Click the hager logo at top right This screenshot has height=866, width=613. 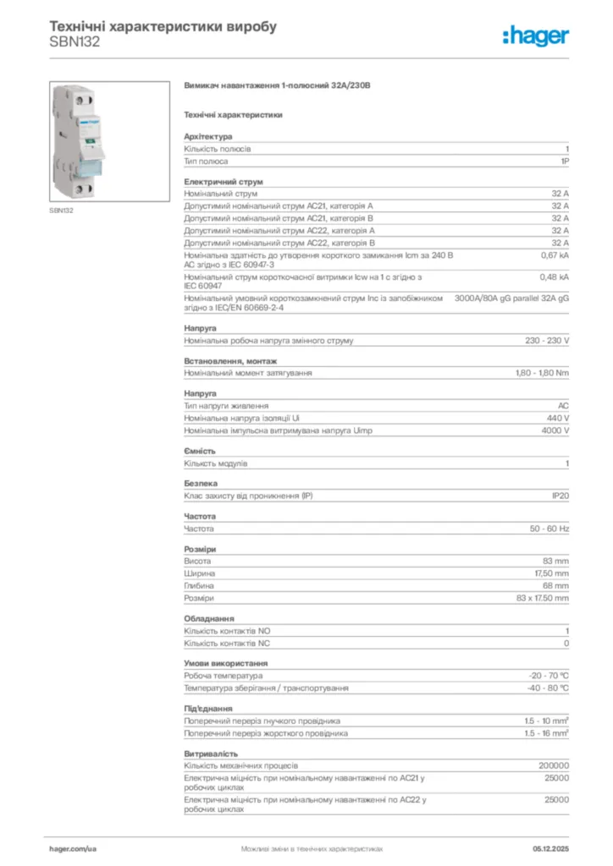pos(536,36)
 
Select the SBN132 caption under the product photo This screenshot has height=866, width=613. pos(61,210)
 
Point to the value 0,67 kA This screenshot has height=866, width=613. pos(555,254)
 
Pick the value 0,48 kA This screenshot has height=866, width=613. pos(555,276)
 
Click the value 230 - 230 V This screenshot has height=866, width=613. pos(547,341)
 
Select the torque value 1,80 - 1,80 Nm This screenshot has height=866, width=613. pos(542,373)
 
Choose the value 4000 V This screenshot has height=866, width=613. pos(555,430)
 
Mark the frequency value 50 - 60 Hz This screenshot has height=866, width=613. pos(549,529)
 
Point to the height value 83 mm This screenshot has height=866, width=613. pos(555,561)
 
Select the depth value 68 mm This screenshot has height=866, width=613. pos(555,585)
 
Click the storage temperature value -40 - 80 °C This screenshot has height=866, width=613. pos(548,688)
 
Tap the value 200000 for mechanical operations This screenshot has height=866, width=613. pos(554,766)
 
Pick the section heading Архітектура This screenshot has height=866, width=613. pos(208,136)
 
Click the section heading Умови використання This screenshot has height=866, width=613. pos(226,664)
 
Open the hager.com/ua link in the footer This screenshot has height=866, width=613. pos(73,847)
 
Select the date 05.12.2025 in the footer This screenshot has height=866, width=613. pos(550,847)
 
